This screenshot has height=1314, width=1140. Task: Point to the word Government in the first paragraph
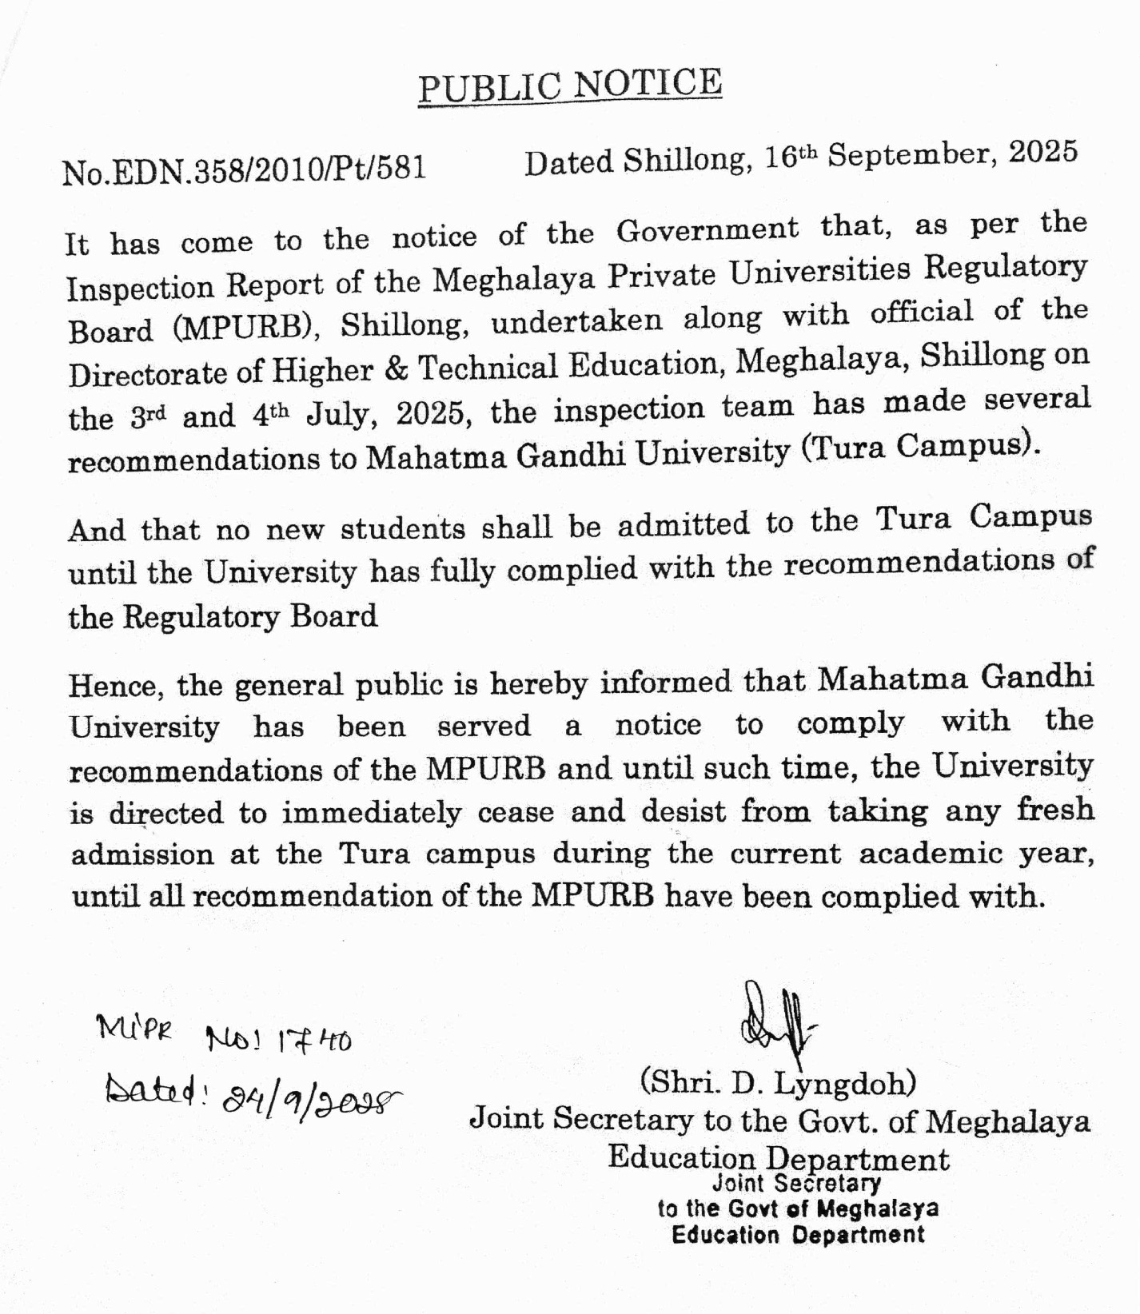pos(708,231)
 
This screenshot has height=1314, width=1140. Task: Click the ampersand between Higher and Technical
pos(397,368)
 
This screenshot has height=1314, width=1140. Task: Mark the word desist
pos(684,811)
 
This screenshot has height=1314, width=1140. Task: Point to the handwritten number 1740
pos(313,1041)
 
